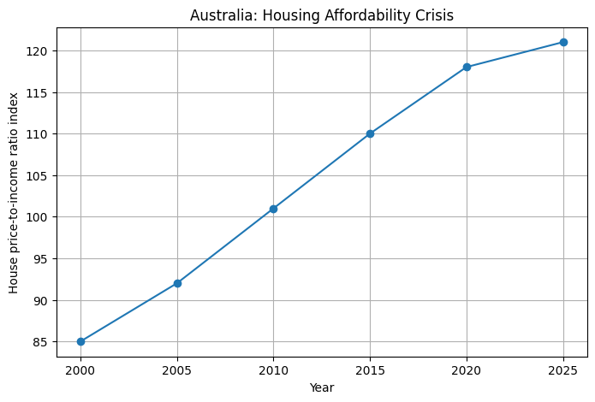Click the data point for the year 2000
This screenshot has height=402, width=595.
click(80, 342)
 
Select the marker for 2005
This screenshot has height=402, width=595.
click(177, 283)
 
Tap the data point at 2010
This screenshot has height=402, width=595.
click(274, 209)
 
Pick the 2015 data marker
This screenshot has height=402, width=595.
click(371, 134)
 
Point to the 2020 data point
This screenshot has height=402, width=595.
click(467, 67)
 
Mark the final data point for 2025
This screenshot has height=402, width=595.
click(563, 42)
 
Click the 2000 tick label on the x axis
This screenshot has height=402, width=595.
click(80, 370)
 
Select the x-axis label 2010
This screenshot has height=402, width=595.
click(274, 370)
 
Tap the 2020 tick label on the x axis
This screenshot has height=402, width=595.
click(467, 370)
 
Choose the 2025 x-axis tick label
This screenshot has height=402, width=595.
click(563, 370)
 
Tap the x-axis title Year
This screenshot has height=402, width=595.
click(322, 387)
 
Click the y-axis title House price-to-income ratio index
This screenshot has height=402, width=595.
click(14, 193)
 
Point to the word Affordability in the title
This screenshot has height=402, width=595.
click(367, 16)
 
